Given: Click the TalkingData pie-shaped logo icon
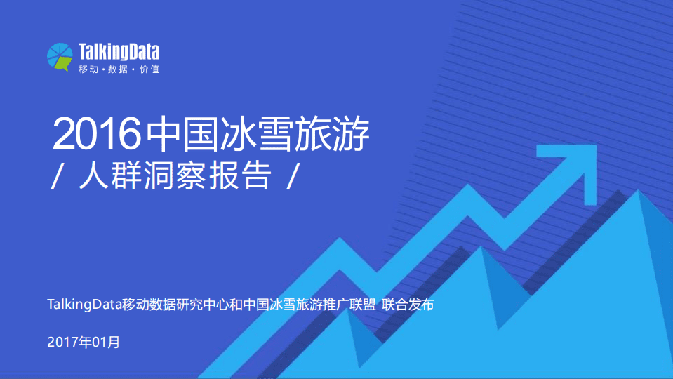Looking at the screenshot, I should click(x=60, y=56).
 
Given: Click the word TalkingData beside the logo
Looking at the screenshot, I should click(x=119, y=51).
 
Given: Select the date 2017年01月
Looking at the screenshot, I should click(x=84, y=343).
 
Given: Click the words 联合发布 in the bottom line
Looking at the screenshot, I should click(x=408, y=305).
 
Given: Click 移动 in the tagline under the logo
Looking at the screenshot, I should click(x=88, y=69).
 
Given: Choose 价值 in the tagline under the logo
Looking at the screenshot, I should click(x=149, y=69).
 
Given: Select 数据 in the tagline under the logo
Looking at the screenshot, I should click(x=119, y=69).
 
